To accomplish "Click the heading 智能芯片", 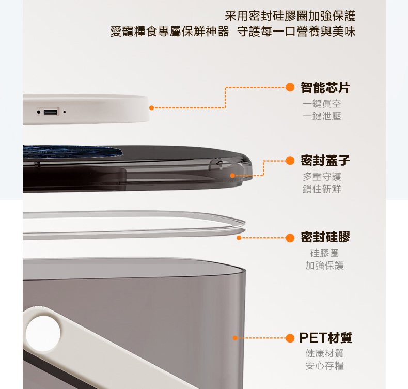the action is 325,87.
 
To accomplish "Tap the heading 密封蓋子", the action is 325,160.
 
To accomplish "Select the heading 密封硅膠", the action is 325,237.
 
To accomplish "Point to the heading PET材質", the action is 325,338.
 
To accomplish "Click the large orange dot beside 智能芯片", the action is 290,87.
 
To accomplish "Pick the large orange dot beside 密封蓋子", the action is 290,161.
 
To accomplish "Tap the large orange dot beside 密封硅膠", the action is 290,238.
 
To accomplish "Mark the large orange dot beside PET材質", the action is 290,338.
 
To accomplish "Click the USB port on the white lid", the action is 51,112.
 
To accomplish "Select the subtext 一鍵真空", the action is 322,104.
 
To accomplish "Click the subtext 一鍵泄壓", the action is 322,116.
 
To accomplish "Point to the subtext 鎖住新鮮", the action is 322,189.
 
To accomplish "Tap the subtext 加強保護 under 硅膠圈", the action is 324,266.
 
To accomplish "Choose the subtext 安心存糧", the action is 324,366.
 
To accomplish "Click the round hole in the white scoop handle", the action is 43,334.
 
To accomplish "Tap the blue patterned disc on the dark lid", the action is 72,152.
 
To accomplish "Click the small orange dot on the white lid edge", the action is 151,108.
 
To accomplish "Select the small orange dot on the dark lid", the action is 232,176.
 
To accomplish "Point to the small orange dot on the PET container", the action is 235,338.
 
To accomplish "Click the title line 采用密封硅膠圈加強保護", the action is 290,16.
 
